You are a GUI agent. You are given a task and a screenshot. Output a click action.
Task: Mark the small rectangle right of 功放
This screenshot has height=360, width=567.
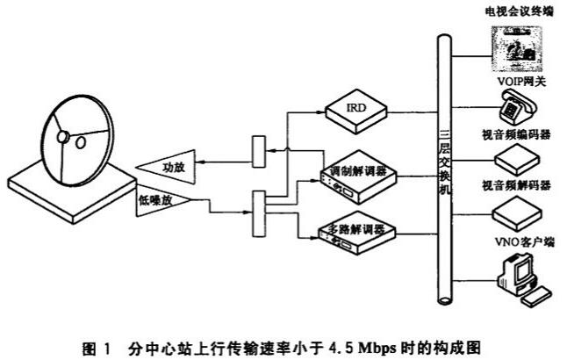pyautogui.click(x=258, y=152)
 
